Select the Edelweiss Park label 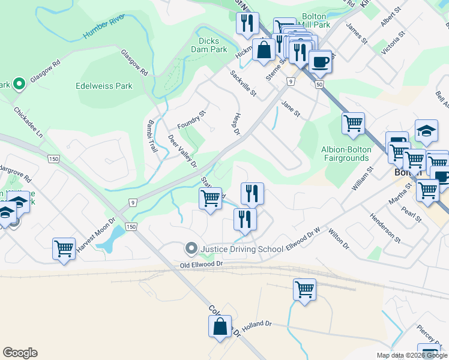(x=104, y=86)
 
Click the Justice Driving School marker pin (x=191, y=248)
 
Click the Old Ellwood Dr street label (x=202, y=264)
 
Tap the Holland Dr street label (x=258, y=324)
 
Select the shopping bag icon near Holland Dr (x=220, y=327)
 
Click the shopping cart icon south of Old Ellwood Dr (x=304, y=289)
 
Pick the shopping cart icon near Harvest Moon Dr (x=64, y=248)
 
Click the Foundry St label (x=191, y=120)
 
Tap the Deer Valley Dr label (x=182, y=151)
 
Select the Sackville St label (x=244, y=84)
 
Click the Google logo (x=20, y=353)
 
